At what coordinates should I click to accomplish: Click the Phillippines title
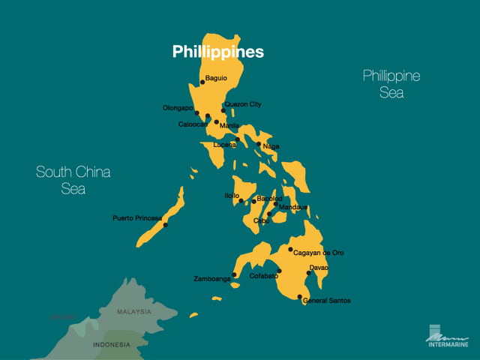tap(217, 52)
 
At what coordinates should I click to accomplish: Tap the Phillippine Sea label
tap(391, 84)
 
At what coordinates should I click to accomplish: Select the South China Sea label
tap(73, 181)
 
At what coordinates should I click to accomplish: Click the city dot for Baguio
tap(202, 82)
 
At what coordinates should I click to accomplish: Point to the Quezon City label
tap(243, 104)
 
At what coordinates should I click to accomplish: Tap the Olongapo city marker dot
tap(197, 113)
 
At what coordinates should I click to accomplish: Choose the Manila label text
tap(229, 125)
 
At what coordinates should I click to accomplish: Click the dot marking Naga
tap(259, 144)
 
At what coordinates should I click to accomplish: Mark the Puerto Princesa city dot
tap(165, 225)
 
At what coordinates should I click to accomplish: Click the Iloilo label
tap(232, 195)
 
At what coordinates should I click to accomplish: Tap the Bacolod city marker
tap(253, 201)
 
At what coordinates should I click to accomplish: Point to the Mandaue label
tap(293, 207)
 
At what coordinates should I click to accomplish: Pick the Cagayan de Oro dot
tap(290, 250)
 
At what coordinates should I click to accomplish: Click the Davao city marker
tap(308, 273)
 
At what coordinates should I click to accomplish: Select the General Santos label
tap(326, 301)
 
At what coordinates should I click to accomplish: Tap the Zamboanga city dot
tap(234, 274)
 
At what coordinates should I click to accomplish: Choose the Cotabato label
tap(264, 276)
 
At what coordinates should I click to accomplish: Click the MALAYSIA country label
tap(134, 311)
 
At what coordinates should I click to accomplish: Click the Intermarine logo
tap(448, 338)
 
